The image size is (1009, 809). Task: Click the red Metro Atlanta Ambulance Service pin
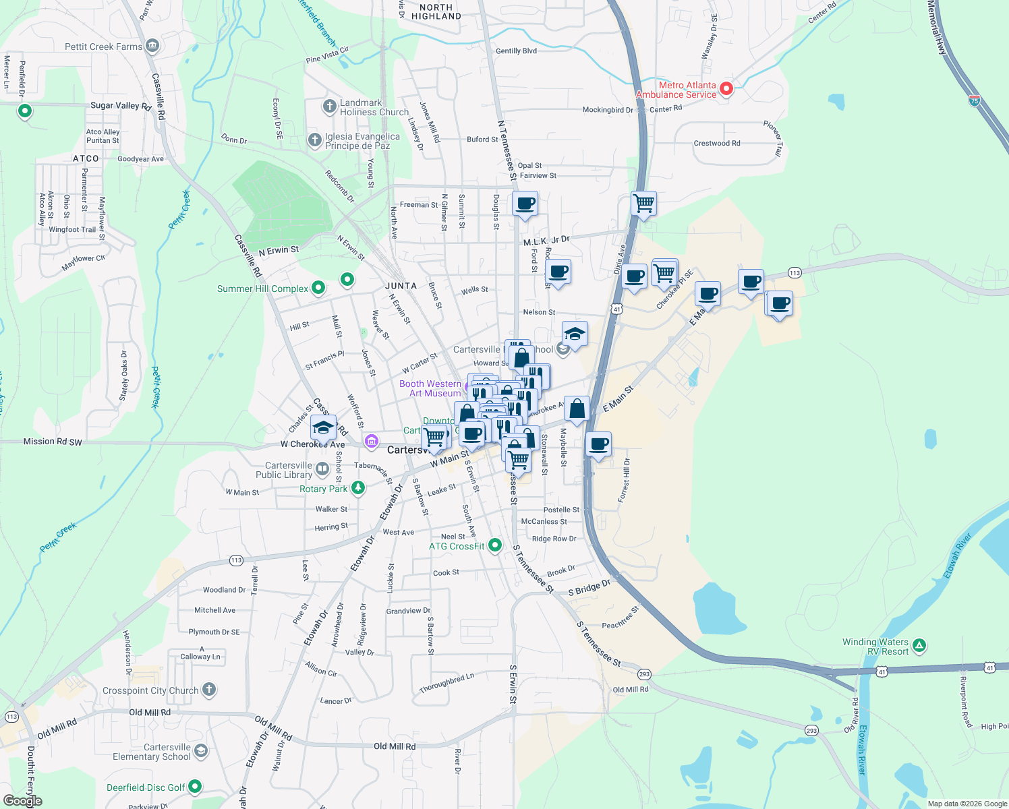pos(726,88)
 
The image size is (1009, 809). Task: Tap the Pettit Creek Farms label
pos(103,47)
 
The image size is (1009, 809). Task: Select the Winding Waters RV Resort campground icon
pos(919,646)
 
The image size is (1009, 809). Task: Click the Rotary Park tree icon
pos(358,488)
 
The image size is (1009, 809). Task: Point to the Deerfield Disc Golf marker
pos(195,786)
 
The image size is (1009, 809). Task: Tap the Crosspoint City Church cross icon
pos(209,689)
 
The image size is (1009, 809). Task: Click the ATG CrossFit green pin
pos(495,545)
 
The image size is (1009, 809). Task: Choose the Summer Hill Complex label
pos(262,289)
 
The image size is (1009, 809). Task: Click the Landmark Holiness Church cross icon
pos(330,106)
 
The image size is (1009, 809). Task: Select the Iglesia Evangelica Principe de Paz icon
pos(314,140)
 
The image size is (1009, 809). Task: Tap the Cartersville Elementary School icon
pos(201,751)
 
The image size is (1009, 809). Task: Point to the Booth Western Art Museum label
pos(430,388)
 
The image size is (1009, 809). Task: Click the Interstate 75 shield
pos(975,100)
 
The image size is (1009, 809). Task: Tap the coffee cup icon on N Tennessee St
pos(525,203)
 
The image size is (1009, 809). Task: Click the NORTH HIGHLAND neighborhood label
pos(436,11)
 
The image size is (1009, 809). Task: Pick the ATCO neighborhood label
pos(86,158)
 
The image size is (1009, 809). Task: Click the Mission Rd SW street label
pos(53,442)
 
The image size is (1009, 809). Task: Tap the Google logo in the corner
pos(22,800)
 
